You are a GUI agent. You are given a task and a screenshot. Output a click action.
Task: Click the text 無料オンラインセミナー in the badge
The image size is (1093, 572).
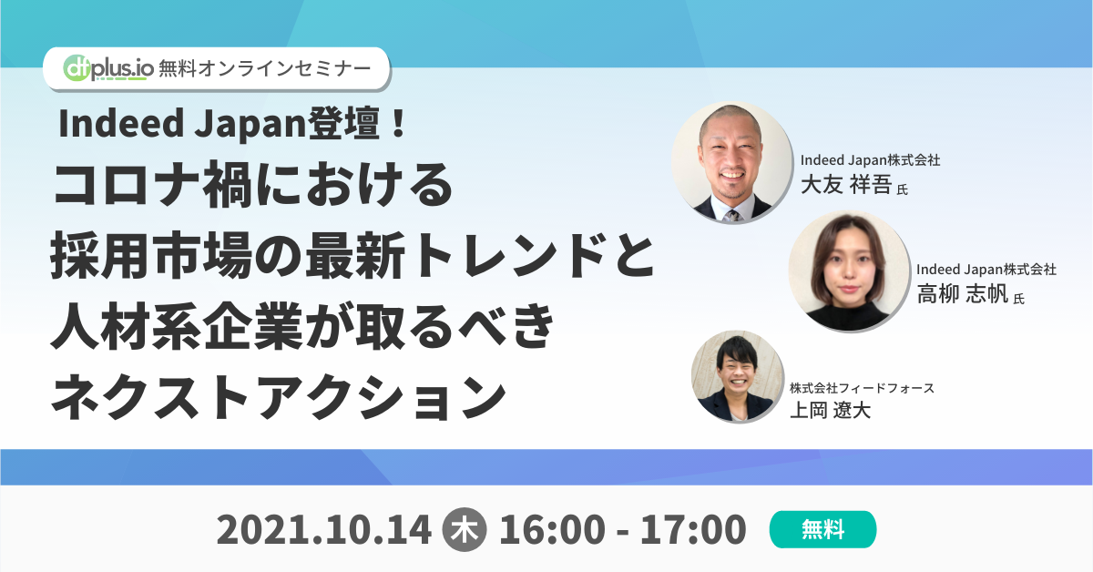click(264, 68)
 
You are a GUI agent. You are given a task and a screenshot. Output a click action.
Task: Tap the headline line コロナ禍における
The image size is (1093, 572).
click(253, 189)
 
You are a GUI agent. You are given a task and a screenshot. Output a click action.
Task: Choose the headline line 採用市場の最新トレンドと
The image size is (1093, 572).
click(353, 258)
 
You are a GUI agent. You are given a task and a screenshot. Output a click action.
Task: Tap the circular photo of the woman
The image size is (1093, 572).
click(848, 271)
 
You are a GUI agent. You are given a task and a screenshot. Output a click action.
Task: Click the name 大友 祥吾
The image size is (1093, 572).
click(846, 187)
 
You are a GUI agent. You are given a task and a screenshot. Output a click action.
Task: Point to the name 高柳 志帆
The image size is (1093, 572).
click(962, 293)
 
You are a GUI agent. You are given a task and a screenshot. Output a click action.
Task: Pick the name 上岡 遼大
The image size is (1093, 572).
click(829, 410)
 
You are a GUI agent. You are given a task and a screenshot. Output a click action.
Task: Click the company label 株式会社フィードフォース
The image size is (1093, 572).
click(862, 388)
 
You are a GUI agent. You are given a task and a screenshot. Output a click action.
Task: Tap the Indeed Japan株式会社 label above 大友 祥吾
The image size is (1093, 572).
click(870, 160)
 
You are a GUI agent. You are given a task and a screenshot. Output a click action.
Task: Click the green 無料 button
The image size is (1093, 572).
click(822, 529)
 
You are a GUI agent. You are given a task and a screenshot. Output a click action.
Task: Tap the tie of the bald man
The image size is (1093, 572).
click(730, 215)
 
